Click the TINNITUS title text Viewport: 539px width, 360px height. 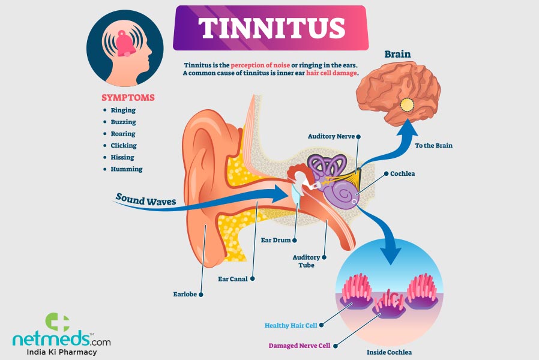click(271, 28)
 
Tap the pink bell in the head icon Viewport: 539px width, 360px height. click(124, 44)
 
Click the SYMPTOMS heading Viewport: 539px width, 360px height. click(128, 98)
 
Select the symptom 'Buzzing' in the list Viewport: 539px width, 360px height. click(123, 122)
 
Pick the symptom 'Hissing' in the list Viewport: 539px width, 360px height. click(122, 157)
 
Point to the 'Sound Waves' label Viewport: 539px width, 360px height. click(146, 200)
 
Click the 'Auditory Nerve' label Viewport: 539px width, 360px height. click(331, 136)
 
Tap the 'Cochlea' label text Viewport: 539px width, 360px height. click(402, 174)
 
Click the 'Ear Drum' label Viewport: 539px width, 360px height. click(276, 240)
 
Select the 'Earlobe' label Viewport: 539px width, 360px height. click(185, 295)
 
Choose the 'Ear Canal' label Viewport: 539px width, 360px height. click(233, 279)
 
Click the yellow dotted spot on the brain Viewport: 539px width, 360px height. click(407, 105)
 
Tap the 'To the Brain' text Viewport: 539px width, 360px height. click(433, 146)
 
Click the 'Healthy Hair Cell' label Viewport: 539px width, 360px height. click(291, 326)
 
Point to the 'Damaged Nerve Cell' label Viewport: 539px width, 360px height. click(300, 346)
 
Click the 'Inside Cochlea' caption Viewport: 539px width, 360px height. click(389, 352)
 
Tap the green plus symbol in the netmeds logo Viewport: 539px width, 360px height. click(58, 322)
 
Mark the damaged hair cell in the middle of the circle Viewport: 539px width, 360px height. click(389, 305)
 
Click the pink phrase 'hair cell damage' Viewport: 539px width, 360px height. click(331, 73)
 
